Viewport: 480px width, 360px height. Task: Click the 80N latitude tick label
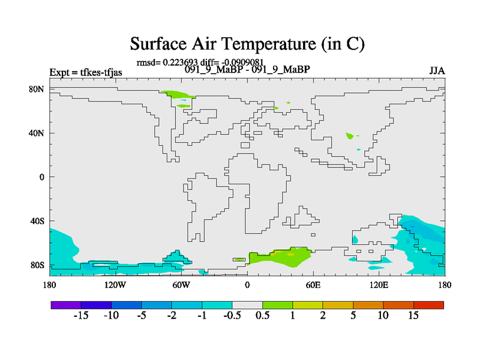coord(37,89)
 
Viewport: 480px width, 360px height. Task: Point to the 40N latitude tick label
coord(37,133)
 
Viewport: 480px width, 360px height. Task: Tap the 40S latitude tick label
coord(37,221)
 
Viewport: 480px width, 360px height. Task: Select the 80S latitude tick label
coord(37,265)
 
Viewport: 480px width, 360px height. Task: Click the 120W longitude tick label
coord(115,286)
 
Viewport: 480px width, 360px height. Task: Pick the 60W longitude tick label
coord(181,286)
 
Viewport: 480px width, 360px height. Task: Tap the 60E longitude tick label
coord(313,286)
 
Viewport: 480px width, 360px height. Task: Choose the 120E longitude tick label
coord(379,286)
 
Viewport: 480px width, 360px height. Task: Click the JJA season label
coord(437,71)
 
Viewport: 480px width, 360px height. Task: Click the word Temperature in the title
coord(268,44)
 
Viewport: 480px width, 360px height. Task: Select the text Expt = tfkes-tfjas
coord(86,73)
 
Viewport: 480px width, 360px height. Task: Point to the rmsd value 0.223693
coord(180,62)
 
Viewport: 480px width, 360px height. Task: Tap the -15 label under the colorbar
coord(81,316)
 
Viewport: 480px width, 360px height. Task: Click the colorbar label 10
coord(383,316)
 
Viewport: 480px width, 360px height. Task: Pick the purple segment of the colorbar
coord(66,305)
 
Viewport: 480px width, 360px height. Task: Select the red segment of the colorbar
coord(428,305)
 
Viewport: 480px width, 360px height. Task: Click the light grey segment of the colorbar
coord(247,305)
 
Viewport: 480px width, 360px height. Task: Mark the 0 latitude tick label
coord(41,177)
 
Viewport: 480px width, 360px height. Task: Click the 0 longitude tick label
coord(247,286)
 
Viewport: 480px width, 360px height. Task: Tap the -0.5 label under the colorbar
coord(232,316)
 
